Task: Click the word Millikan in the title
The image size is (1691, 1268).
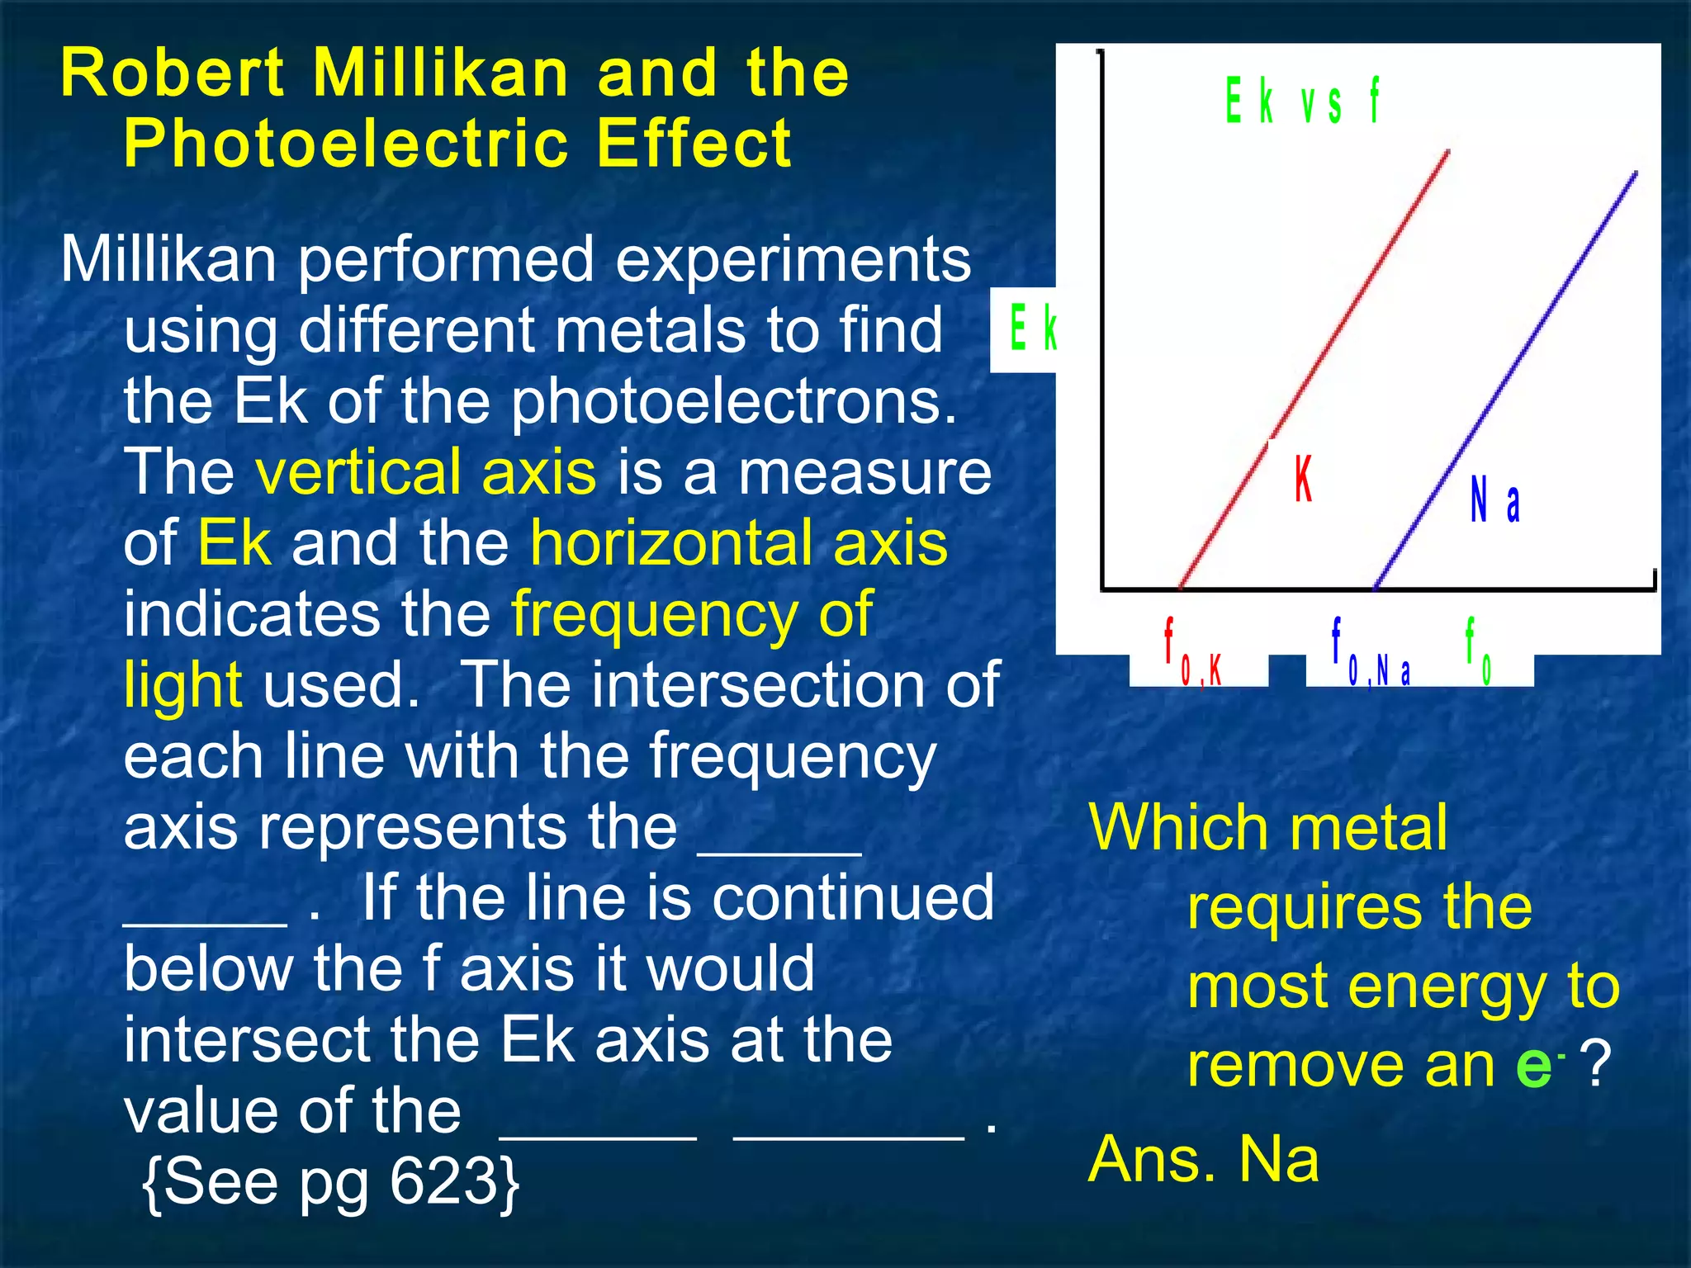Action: coord(441,73)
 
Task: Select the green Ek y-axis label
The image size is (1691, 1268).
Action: coord(1032,328)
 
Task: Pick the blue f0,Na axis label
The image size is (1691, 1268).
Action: coord(1371,654)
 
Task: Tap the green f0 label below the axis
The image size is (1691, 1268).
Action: coord(1477,652)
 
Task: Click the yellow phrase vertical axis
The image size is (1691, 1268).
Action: coord(425,472)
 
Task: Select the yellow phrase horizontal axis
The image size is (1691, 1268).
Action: coord(738,543)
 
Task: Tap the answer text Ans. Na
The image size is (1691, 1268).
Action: coord(1203,1159)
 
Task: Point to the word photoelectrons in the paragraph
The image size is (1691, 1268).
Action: coord(733,402)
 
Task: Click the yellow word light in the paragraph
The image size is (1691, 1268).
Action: coord(182,685)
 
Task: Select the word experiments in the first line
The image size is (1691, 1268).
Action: coord(793,260)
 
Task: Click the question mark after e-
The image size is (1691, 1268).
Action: coord(1598,1065)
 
